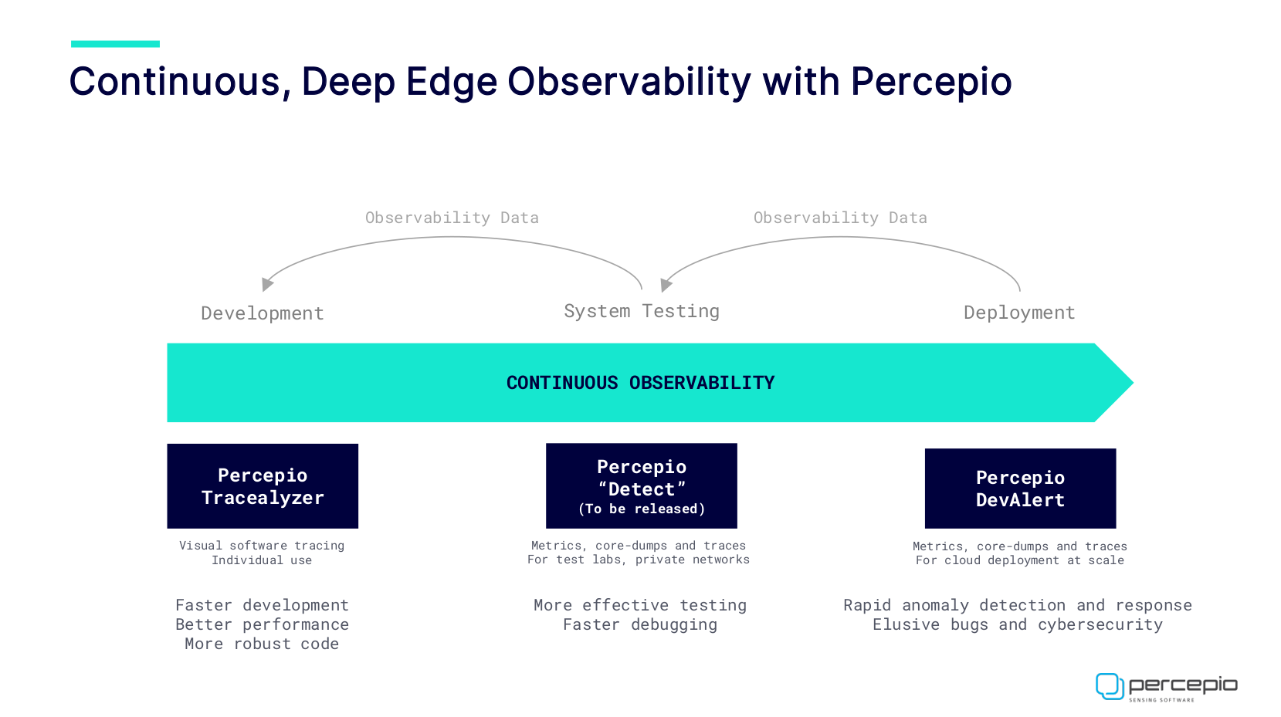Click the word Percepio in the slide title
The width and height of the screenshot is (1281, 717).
pos(931,82)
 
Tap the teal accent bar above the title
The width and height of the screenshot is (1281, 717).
pos(115,44)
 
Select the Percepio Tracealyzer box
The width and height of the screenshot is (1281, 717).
pos(263,486)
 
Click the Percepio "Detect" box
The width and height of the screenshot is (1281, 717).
pos(642,486)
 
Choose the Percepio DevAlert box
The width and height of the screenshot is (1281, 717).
pos(1020,489)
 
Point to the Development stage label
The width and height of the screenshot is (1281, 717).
pos(263,313)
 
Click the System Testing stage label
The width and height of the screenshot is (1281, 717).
pos(642,311)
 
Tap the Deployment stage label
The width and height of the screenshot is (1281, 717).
pos(1020,312)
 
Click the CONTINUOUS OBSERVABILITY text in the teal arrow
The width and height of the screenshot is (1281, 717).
pos(641,383)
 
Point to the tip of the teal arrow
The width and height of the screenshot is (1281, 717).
pos(1134,383)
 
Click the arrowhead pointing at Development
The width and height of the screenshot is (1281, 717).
pos(267,284)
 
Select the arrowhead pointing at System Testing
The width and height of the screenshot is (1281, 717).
pos(666,285)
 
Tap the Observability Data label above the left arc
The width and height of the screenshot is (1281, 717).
pos(452,218)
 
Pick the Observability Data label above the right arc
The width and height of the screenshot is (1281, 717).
pos(840,218)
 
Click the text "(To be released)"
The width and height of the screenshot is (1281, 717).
pos(642,509)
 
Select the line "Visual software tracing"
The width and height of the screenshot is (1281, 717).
pos(262,546)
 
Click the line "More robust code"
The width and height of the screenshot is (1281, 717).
pos(262,644)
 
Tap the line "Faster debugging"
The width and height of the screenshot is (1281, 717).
pos(641,624)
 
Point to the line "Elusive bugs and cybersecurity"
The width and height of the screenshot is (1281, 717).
pos(1018,624)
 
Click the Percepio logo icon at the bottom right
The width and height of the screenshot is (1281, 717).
pos(1110,686)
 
